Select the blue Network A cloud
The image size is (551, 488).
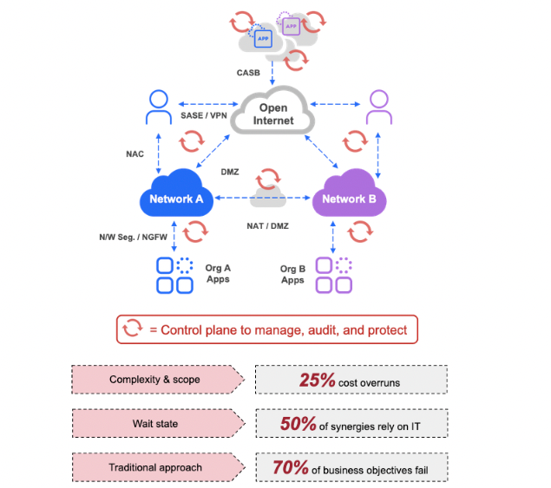pyautogui.click(x=176, y=198)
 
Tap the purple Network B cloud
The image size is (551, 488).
pyautogui.click(x=344, y=198)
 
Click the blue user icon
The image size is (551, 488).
pyautogui.click(x=159, y=109)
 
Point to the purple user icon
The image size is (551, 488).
pyautogui.click(x=379, y=109)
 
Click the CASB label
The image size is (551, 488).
pyautogui.click(x=249, y=74)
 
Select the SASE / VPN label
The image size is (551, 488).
pyautogui.click(x=204, y=116)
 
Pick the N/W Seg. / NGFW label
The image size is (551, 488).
pyautogui.click(x=133, y=236)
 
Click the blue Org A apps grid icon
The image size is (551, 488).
pyautogui.click(x=174, y=276)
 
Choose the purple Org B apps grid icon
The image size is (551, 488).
pyautogui.click(x=334, y=276)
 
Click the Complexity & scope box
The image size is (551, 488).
pyautogui.click(x=155, y=380)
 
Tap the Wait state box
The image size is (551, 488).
pyautogui.click(x=155, y=423)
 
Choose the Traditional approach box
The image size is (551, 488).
pyautogui.click(x=155, y=467)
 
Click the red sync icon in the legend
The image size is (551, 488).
pyautogui.click(x=133, y=329)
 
